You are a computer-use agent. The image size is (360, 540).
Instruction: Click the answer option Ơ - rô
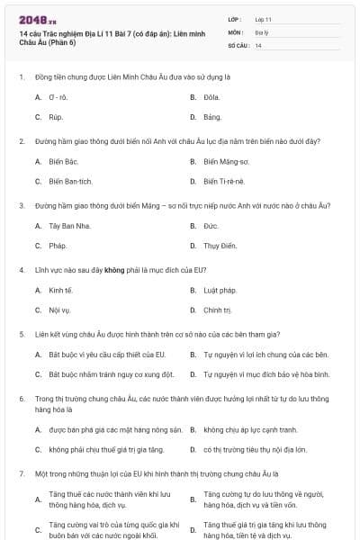click(59, 96)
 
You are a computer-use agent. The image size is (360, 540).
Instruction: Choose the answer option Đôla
click(212, 96)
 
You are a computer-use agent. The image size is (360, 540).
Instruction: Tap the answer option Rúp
click(56, 117)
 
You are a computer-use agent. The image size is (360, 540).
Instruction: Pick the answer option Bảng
click(212, 117)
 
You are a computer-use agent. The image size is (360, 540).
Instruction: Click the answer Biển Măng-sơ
click(226, 161)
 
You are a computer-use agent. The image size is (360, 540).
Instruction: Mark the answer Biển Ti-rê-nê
click(224, 181)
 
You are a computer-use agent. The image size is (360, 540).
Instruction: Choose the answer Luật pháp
click(220, 290)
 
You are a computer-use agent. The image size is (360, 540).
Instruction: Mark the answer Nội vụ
click(59, 310)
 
